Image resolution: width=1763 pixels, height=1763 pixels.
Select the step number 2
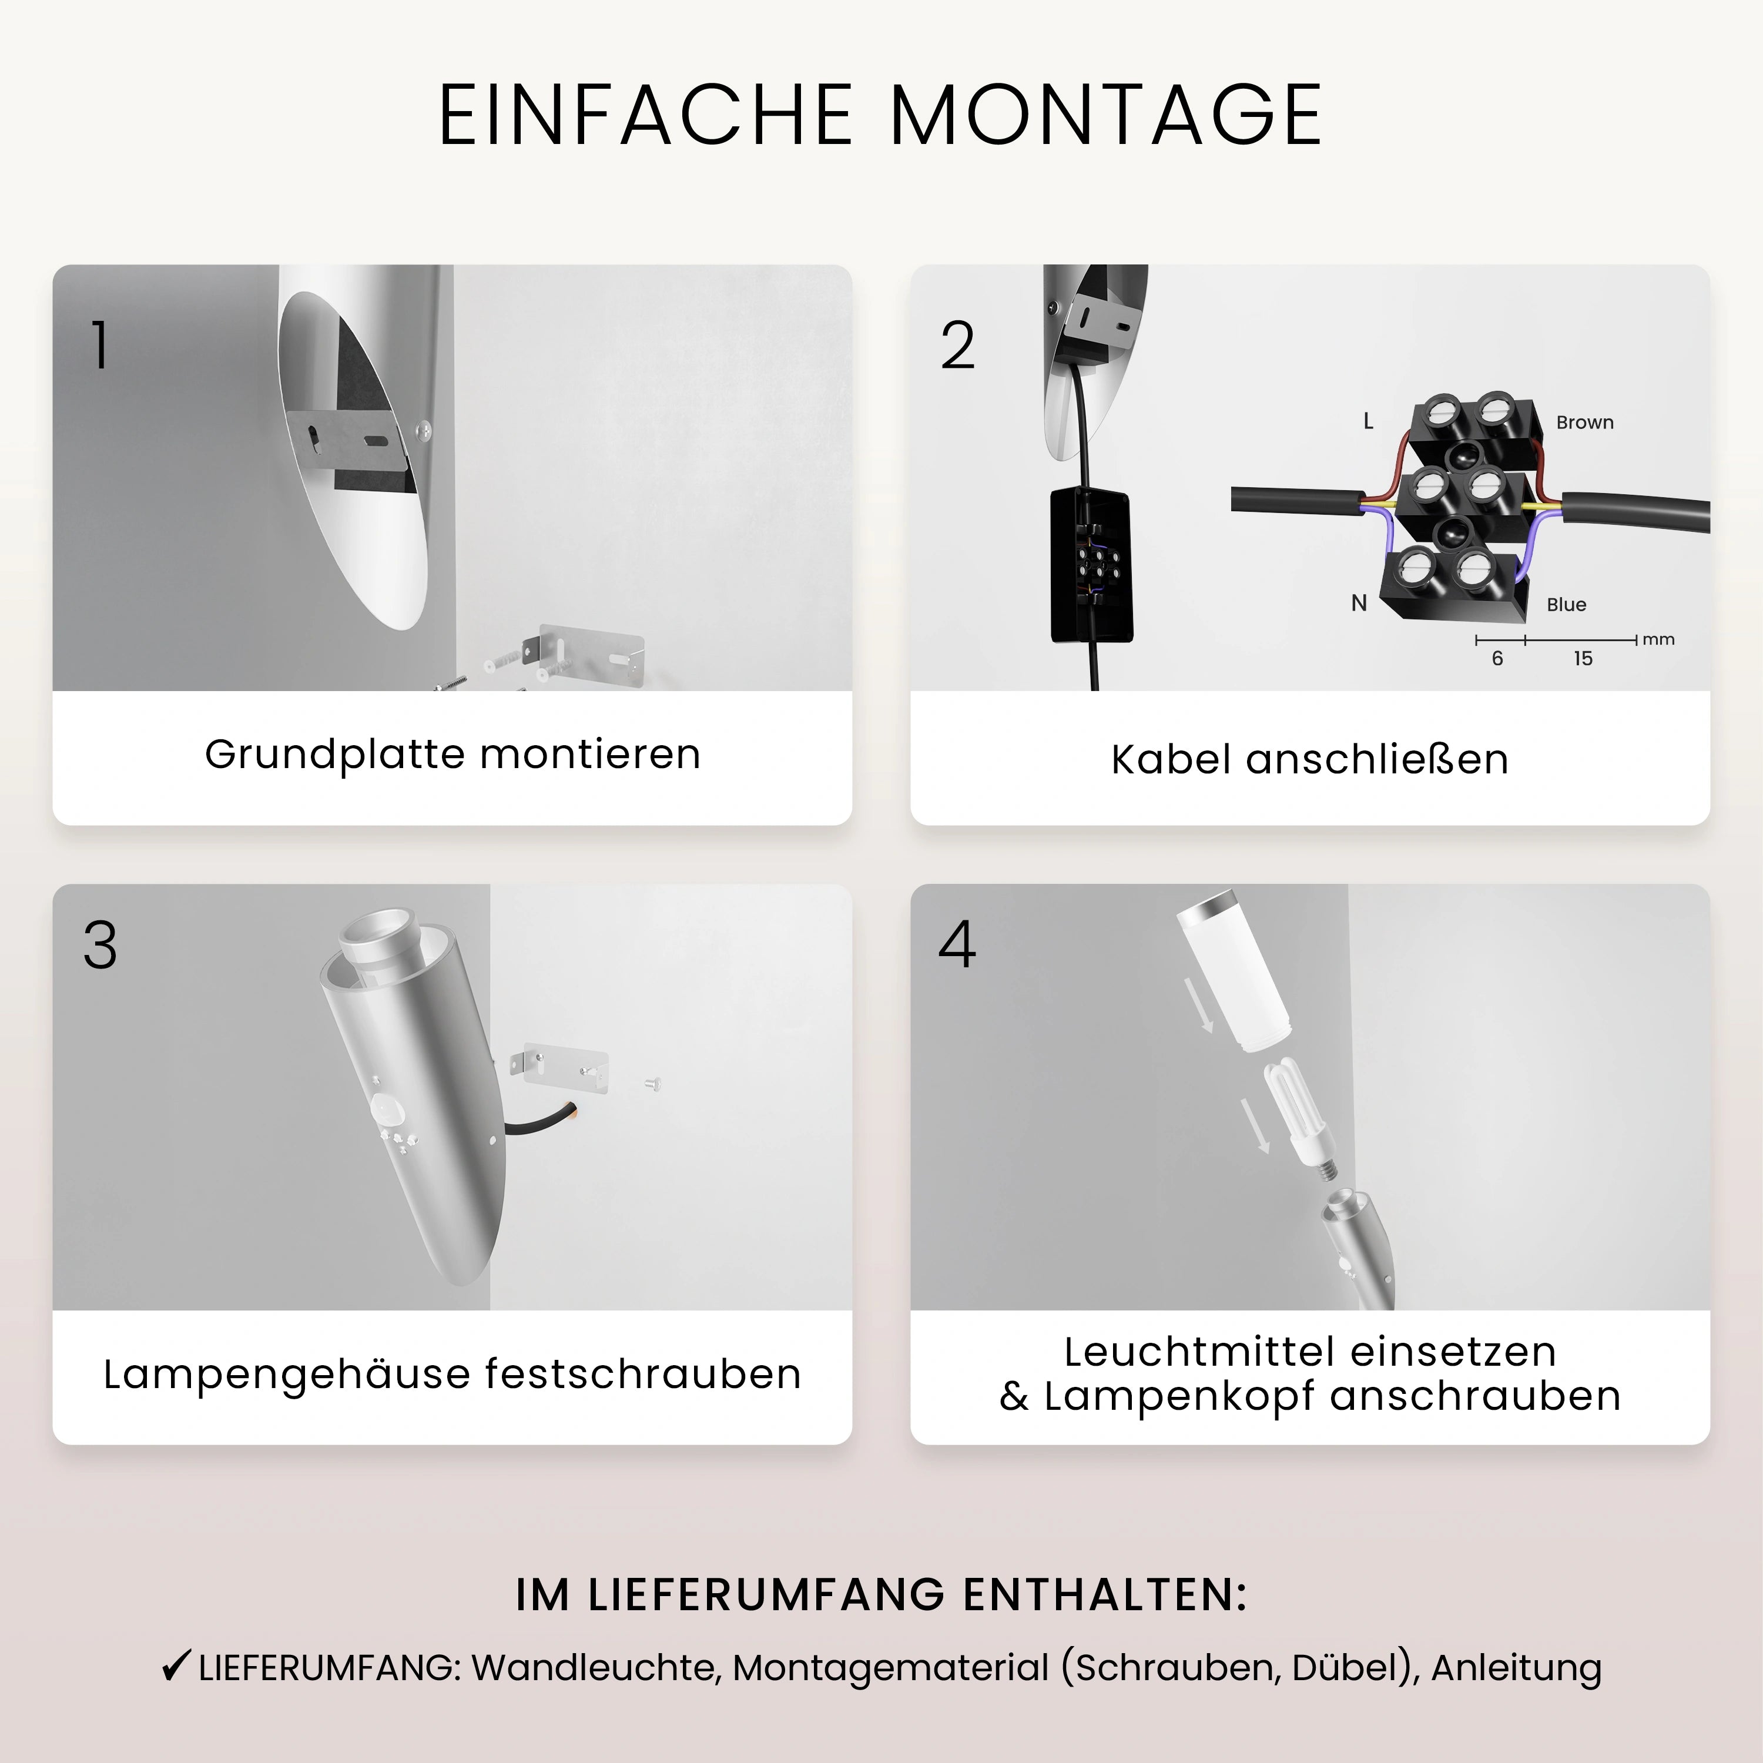957,346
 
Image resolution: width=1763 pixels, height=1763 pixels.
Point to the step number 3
100,946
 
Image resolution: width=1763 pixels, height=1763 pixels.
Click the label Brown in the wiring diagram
1584,423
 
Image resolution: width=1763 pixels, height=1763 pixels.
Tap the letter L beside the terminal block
1368,421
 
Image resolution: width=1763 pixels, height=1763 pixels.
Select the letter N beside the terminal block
1359,603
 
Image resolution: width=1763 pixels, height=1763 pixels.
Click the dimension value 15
1583,659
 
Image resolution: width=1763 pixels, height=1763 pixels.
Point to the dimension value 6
1497,659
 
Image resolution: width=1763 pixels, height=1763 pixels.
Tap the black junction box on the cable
1091,564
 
